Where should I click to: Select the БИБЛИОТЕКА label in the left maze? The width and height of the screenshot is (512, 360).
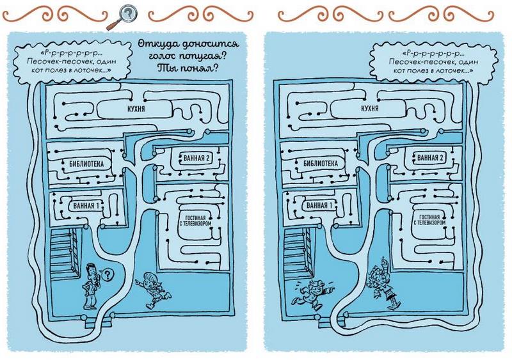coord(87,162)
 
